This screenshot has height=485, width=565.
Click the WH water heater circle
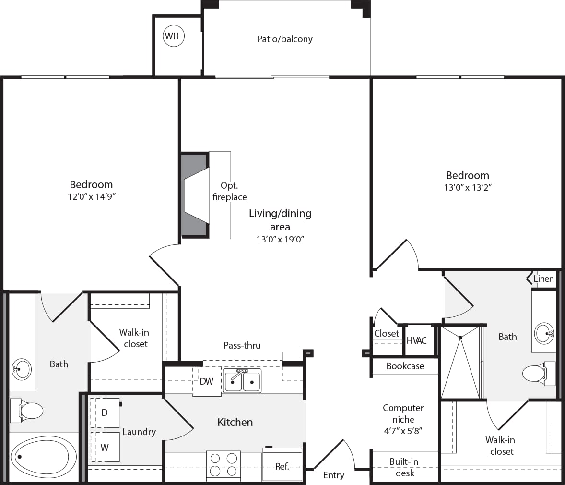click(174, 36)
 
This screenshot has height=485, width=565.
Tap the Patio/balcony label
click(285, 39)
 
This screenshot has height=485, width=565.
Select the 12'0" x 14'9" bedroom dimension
click(92, 197)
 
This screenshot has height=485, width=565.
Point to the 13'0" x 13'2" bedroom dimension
click(468, 187)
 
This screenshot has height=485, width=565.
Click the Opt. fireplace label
click(230, 191)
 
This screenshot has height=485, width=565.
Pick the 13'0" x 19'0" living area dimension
click(280, 239)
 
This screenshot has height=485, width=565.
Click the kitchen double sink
click(242, 381)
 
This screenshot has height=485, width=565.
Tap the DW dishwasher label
click(206, 381)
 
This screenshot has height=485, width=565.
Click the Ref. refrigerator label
click(282, 467)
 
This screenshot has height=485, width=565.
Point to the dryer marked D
click(105, 413)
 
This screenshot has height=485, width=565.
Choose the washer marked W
click(105, 447)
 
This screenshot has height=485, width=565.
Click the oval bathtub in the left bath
click(44, 457)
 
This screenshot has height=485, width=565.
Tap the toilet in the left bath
click(27, 411)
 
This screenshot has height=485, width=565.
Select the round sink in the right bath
click(544, 333)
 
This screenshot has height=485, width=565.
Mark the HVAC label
click(416, 340)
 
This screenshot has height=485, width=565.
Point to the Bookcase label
click(405, 366)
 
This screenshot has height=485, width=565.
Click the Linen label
click(544, 279)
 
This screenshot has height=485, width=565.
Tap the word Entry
click(334, 475)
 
